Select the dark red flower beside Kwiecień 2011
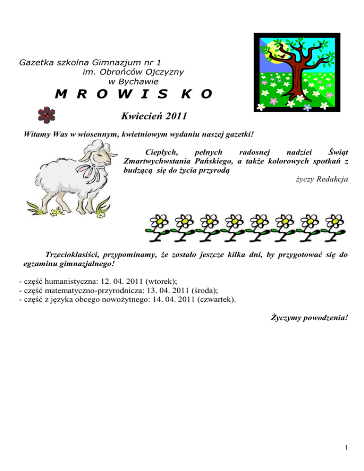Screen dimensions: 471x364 tap(46, 115)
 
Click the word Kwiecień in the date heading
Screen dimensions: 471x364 tap(138, 115)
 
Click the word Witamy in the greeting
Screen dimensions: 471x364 tap(37, 134)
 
